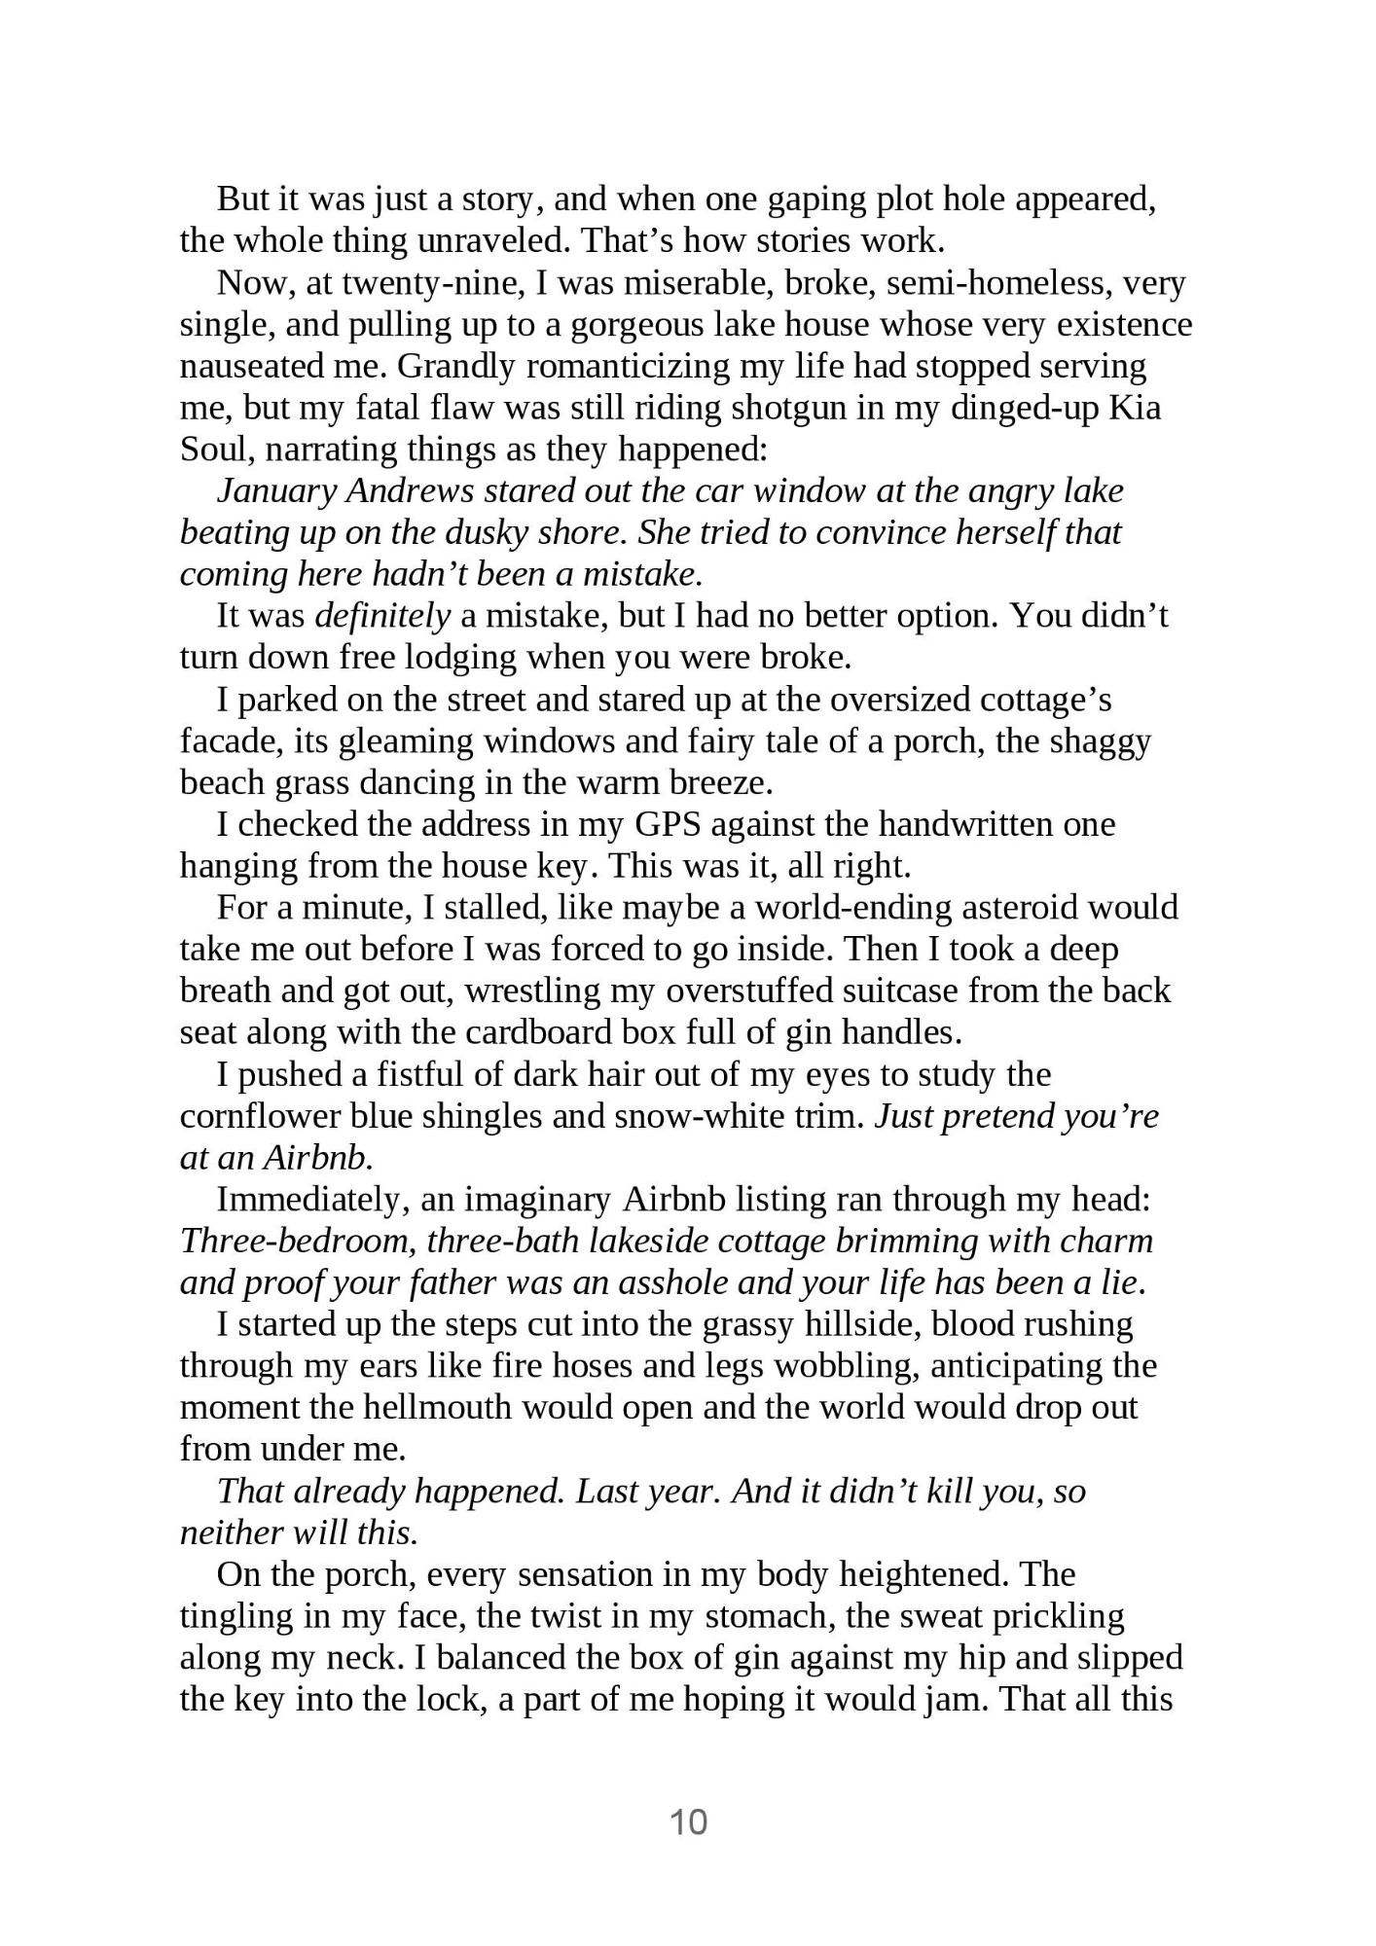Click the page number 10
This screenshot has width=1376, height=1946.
pos(688,1821)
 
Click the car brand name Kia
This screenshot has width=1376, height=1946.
pos(1136,408)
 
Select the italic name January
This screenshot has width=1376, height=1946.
pos(276,490)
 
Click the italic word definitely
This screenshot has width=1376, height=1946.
pos(382,616)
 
